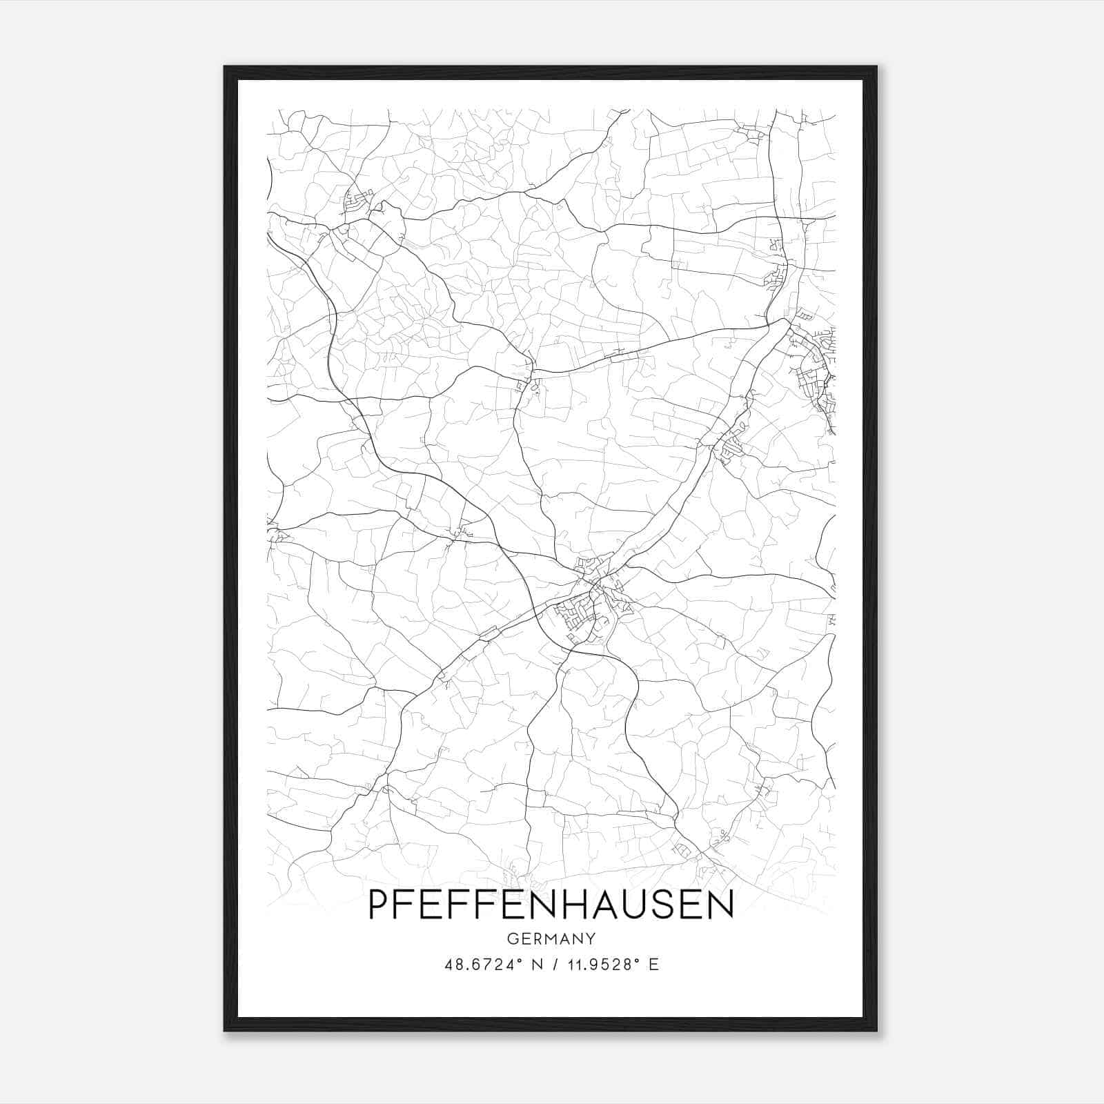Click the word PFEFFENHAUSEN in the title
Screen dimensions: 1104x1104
pos(551,905)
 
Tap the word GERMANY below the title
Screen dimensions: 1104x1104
pos(551,939)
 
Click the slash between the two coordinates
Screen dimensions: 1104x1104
pos(550,965)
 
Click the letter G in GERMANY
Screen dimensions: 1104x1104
pos(512,939)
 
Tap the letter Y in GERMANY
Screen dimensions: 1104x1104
pos(591,939)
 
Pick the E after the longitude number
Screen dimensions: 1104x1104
pos(653,965)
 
